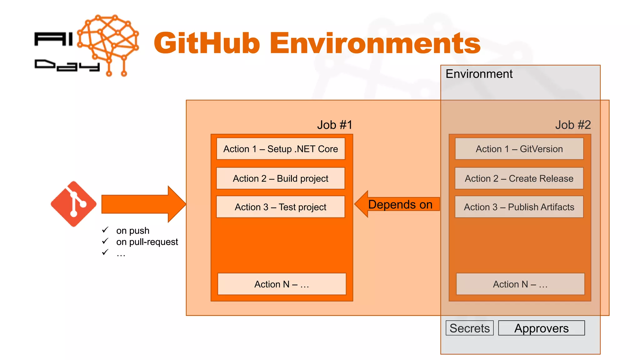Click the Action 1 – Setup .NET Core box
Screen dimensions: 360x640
tap(281, 149)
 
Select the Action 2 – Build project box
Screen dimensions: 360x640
tap(281, 178)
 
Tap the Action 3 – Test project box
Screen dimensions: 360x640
tap(281, 207)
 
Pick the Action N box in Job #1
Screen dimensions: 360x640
tap(282, 284)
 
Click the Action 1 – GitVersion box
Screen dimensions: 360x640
tap(519, 149)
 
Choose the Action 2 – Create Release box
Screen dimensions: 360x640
tap(519, 178)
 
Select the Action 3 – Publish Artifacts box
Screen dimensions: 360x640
tap(519, 207)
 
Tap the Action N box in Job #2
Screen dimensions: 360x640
tap(520, 284)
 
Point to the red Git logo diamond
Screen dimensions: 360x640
tap(74, 204)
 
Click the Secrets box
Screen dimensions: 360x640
tap(469, 328)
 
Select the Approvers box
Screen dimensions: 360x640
tap(541, 328)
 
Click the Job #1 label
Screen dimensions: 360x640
tap(335, 125)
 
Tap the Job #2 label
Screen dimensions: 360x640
tap(573, 125)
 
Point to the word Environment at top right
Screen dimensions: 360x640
tap(479, 74)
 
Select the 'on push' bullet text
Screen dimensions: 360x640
tap(132, 231)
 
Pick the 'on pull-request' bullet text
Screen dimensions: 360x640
tap(147, 242)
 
